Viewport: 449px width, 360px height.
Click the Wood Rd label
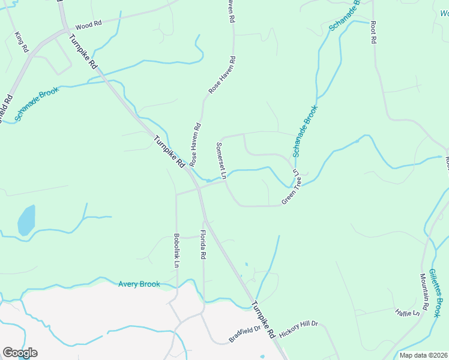tap(88, 25)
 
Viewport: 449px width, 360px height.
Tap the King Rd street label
tap(22, 43)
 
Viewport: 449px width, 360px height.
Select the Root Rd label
tap(373, 32)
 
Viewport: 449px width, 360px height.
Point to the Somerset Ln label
tap(220, 160)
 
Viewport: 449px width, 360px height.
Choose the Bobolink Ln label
tap(176, 250)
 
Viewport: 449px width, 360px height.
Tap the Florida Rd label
tap(203, 244)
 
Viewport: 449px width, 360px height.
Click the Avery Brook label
tap(139, 284)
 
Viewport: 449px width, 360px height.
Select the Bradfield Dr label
tap(244, 334)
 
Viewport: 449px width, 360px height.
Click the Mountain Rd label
tap(424, 292)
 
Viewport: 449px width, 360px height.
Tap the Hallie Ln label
tap(407, 313)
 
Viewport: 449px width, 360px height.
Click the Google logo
tap(20, 353)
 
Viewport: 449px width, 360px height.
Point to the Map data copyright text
tap(423, 355)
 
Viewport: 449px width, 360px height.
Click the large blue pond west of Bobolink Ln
tap(26, 220)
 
